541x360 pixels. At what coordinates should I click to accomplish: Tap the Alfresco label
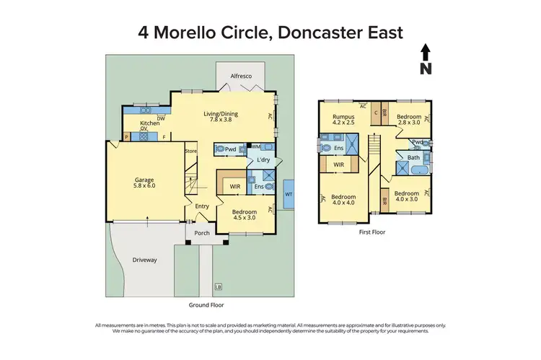coord(240,75)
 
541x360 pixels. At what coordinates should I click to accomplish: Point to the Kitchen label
coord(149,123)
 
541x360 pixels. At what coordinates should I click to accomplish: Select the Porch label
coord(202,232)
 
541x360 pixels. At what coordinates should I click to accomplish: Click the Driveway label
coord(144,259)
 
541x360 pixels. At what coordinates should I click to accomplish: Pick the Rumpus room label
coord(343,119)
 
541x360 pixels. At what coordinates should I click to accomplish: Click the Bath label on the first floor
coord(413,157)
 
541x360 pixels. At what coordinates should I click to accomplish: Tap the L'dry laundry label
coord(263,159)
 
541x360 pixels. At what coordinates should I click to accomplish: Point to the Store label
coord(190,151)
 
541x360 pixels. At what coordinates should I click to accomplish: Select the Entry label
coord(202,206)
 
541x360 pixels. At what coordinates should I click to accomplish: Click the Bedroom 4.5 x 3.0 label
coord(245,214)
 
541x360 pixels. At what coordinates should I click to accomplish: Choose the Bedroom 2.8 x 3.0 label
coord(408,119)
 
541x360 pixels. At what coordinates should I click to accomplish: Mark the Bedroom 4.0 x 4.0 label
coord(343,200)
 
